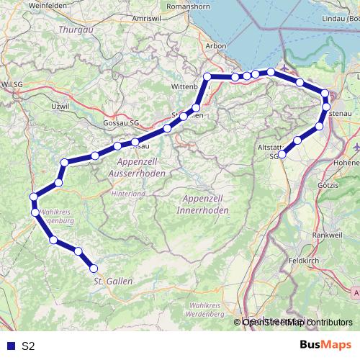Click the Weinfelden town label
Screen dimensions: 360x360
(28, 6)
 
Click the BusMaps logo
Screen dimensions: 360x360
(325, 346)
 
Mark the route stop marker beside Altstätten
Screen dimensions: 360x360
(282, 154)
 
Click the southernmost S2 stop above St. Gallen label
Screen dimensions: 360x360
(94, 269)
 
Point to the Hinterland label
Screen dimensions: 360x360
(128, 194)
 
